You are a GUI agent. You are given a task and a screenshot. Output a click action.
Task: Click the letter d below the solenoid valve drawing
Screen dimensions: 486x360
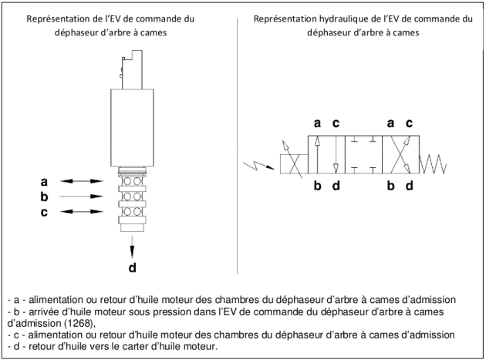coord(133,267)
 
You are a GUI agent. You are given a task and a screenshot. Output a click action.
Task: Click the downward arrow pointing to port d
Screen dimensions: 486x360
coord(133,247)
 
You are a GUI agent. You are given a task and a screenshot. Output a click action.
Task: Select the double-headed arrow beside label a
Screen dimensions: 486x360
coord(81,181)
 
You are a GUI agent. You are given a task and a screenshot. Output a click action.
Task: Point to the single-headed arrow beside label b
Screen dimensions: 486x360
coord(81,196)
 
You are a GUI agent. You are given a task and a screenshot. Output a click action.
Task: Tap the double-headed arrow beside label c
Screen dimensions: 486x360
coord(81,211)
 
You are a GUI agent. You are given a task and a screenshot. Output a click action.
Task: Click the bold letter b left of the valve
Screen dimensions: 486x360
coord(44,197)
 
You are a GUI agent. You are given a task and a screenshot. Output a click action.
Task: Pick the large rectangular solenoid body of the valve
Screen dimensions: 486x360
coord(132,128)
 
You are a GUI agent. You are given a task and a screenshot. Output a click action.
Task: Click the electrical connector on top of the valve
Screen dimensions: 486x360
coord(132,69)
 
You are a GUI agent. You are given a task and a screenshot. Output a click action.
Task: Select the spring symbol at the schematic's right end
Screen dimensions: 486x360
coord(433,164)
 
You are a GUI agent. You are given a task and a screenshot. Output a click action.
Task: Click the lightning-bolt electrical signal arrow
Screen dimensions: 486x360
coord(258,166)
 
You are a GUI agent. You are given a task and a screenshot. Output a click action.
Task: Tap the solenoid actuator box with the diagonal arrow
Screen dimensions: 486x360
coord(294,164)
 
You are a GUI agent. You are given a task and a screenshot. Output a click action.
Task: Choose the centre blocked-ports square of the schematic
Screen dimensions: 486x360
coord(363,154)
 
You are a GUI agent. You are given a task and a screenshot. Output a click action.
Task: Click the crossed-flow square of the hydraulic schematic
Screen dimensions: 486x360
coord(401,154)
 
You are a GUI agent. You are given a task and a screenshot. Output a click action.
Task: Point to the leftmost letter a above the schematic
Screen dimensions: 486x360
coord(317,123)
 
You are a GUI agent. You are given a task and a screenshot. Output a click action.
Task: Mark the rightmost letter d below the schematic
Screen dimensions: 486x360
coord(410,186)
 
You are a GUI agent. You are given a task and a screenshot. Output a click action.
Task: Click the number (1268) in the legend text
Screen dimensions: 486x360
coord(79,323)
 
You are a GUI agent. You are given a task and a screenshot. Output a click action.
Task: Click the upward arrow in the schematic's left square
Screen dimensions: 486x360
coord(317,154)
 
